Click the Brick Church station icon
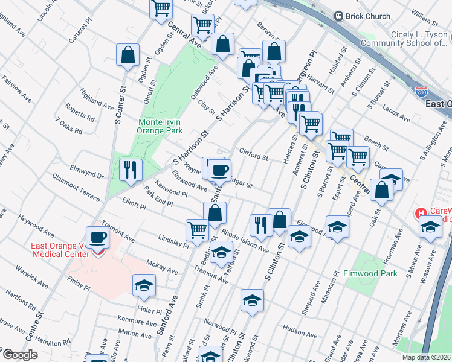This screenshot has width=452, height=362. pyautogui.click(x=339, y=16)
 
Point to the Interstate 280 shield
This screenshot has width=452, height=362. pyautogui.click(x=422, y=91)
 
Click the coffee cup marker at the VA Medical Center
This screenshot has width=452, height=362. pyautogui.click(x=97, y=237)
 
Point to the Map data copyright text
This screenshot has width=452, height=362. pyautogui.click(x=426, y=357)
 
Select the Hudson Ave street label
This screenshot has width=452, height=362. pyautogui.click(x=300, y=331)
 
